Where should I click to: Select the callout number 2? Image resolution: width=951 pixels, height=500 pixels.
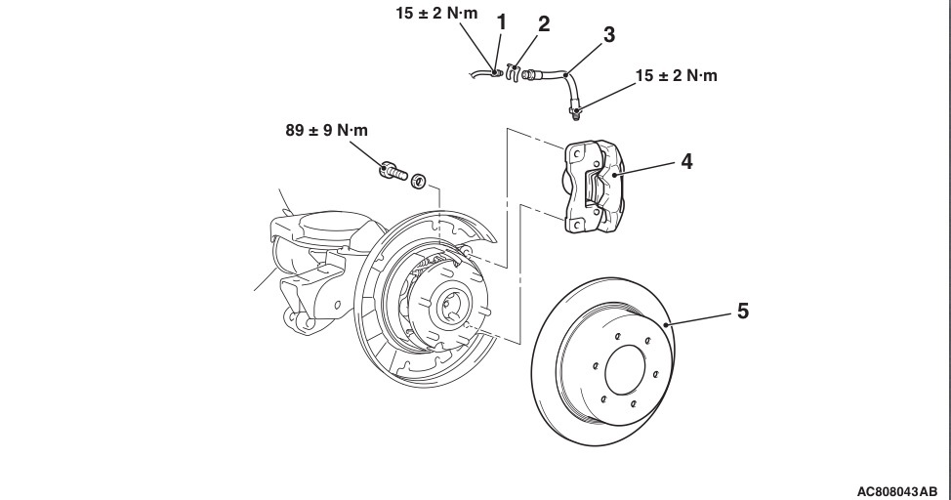pyautogui.click(x=544, y=25)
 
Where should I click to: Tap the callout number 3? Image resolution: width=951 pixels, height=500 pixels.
pyautogui.click(x=608, y=36)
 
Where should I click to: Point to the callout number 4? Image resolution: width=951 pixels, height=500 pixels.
pyautogui.click(x=686, y=161)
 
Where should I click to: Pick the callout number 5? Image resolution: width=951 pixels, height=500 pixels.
pyautogui.click(x=743, y=312)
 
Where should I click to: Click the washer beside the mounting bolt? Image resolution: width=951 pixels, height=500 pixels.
pyautogui.click(x=418, y=182)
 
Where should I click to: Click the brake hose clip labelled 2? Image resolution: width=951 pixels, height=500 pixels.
pyautogui.click(x=517, y=70)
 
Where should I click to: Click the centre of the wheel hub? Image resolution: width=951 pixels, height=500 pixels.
pyautogui.click(x=451, y=304)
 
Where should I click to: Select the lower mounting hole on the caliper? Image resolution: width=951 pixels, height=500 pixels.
pyautogui.click(x=575, y=226)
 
